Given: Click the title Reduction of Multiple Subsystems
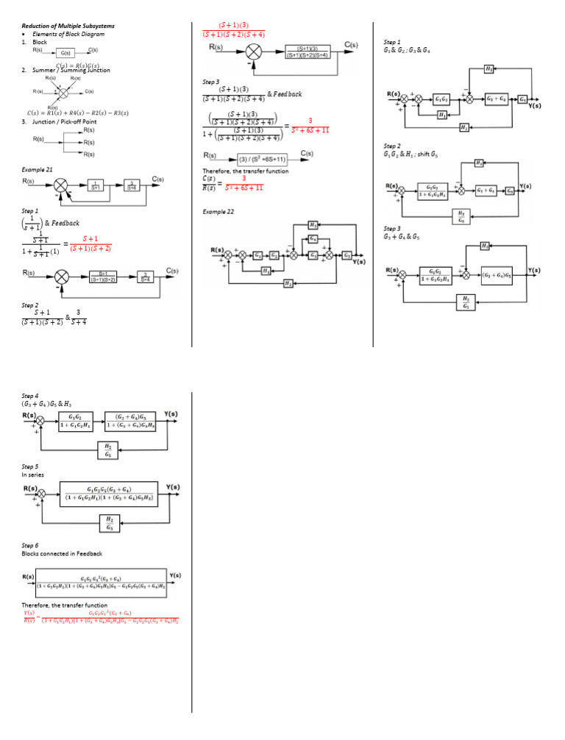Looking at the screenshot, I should pyautogui.click(x=68, y=26).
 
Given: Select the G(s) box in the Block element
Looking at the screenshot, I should pyautogui.click(x=65, y=53).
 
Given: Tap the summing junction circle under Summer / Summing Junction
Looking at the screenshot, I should pyautogui.click(x=63, y=93).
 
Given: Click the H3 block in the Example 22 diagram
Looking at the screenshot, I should pyautogui.click(x=314, y=225).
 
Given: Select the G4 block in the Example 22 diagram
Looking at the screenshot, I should pyautogui.click(x=314, y=239).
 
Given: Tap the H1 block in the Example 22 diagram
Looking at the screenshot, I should pyautogui.click(x=266, y=270).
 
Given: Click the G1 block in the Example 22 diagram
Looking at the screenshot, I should pyautogui.click(x=258, y=255).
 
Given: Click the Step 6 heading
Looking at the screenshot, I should pyautogui.click(x=30, y=545).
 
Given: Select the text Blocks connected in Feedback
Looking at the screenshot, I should pyautogui.click(x=62, y=553).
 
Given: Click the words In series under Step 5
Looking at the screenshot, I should pyautogui.click(x=33, y=475).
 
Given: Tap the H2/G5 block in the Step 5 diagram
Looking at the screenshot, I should pyautogui.click(x=108, y=523).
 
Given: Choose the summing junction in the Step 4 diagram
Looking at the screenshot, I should pyautogui.click(x=41, y=421).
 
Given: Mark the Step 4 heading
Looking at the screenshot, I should pyautogui.click(x=30, y=396).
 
